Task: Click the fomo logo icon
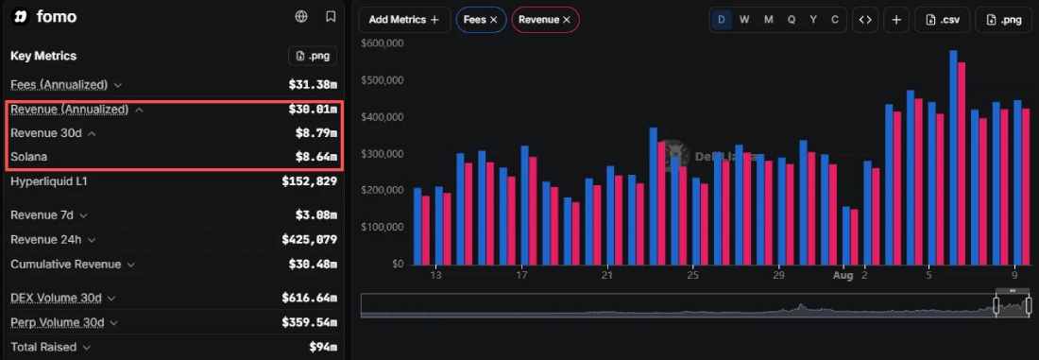21,17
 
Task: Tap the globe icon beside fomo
301,17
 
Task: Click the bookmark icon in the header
331,17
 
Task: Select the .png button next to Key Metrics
313,56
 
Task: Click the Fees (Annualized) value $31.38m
313,85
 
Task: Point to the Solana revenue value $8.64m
316,157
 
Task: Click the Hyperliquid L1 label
49,181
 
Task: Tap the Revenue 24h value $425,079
310,239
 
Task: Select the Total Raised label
43,347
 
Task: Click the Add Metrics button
404,20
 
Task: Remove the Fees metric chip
494,20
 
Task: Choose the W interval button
744,20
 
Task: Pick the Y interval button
813,20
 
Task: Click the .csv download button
943,20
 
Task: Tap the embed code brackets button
864,20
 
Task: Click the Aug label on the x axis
843,274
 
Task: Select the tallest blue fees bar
953,158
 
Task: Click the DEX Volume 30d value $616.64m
310,298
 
